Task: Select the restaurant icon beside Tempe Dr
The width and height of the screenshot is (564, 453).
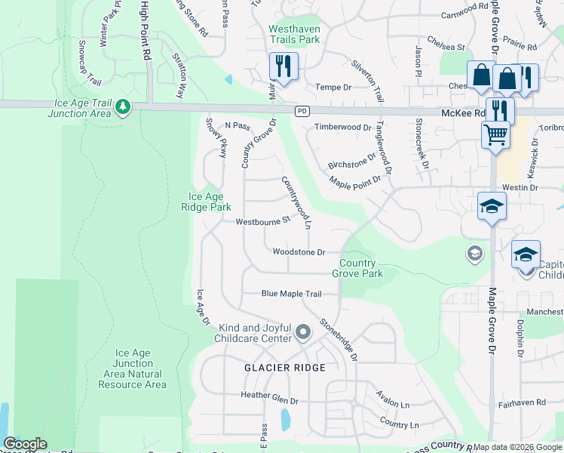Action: point(284,66)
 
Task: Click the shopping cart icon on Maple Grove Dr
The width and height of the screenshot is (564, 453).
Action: point(495,134)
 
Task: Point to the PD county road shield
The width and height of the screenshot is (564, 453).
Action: point(302,111)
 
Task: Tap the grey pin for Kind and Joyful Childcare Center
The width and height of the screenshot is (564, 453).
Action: point(303,332)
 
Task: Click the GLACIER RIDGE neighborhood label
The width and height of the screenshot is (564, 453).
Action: point(284,368)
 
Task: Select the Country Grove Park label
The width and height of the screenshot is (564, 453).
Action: point(357,268)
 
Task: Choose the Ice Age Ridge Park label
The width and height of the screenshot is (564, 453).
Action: point(206,202)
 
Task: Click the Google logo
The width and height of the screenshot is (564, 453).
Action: point(25,444)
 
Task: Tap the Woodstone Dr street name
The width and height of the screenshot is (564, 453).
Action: point(299,252)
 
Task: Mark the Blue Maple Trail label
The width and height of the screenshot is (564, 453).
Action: point(291,294)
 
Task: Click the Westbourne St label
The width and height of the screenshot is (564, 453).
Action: point(262,222)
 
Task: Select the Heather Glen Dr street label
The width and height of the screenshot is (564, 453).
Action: point(269,395)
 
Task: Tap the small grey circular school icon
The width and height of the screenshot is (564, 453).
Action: point(474,252)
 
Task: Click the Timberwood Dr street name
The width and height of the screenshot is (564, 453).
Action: point(342,127)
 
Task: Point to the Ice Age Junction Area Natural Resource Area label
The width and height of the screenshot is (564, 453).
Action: point(132,368)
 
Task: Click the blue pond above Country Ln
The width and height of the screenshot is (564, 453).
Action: point(285,420)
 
